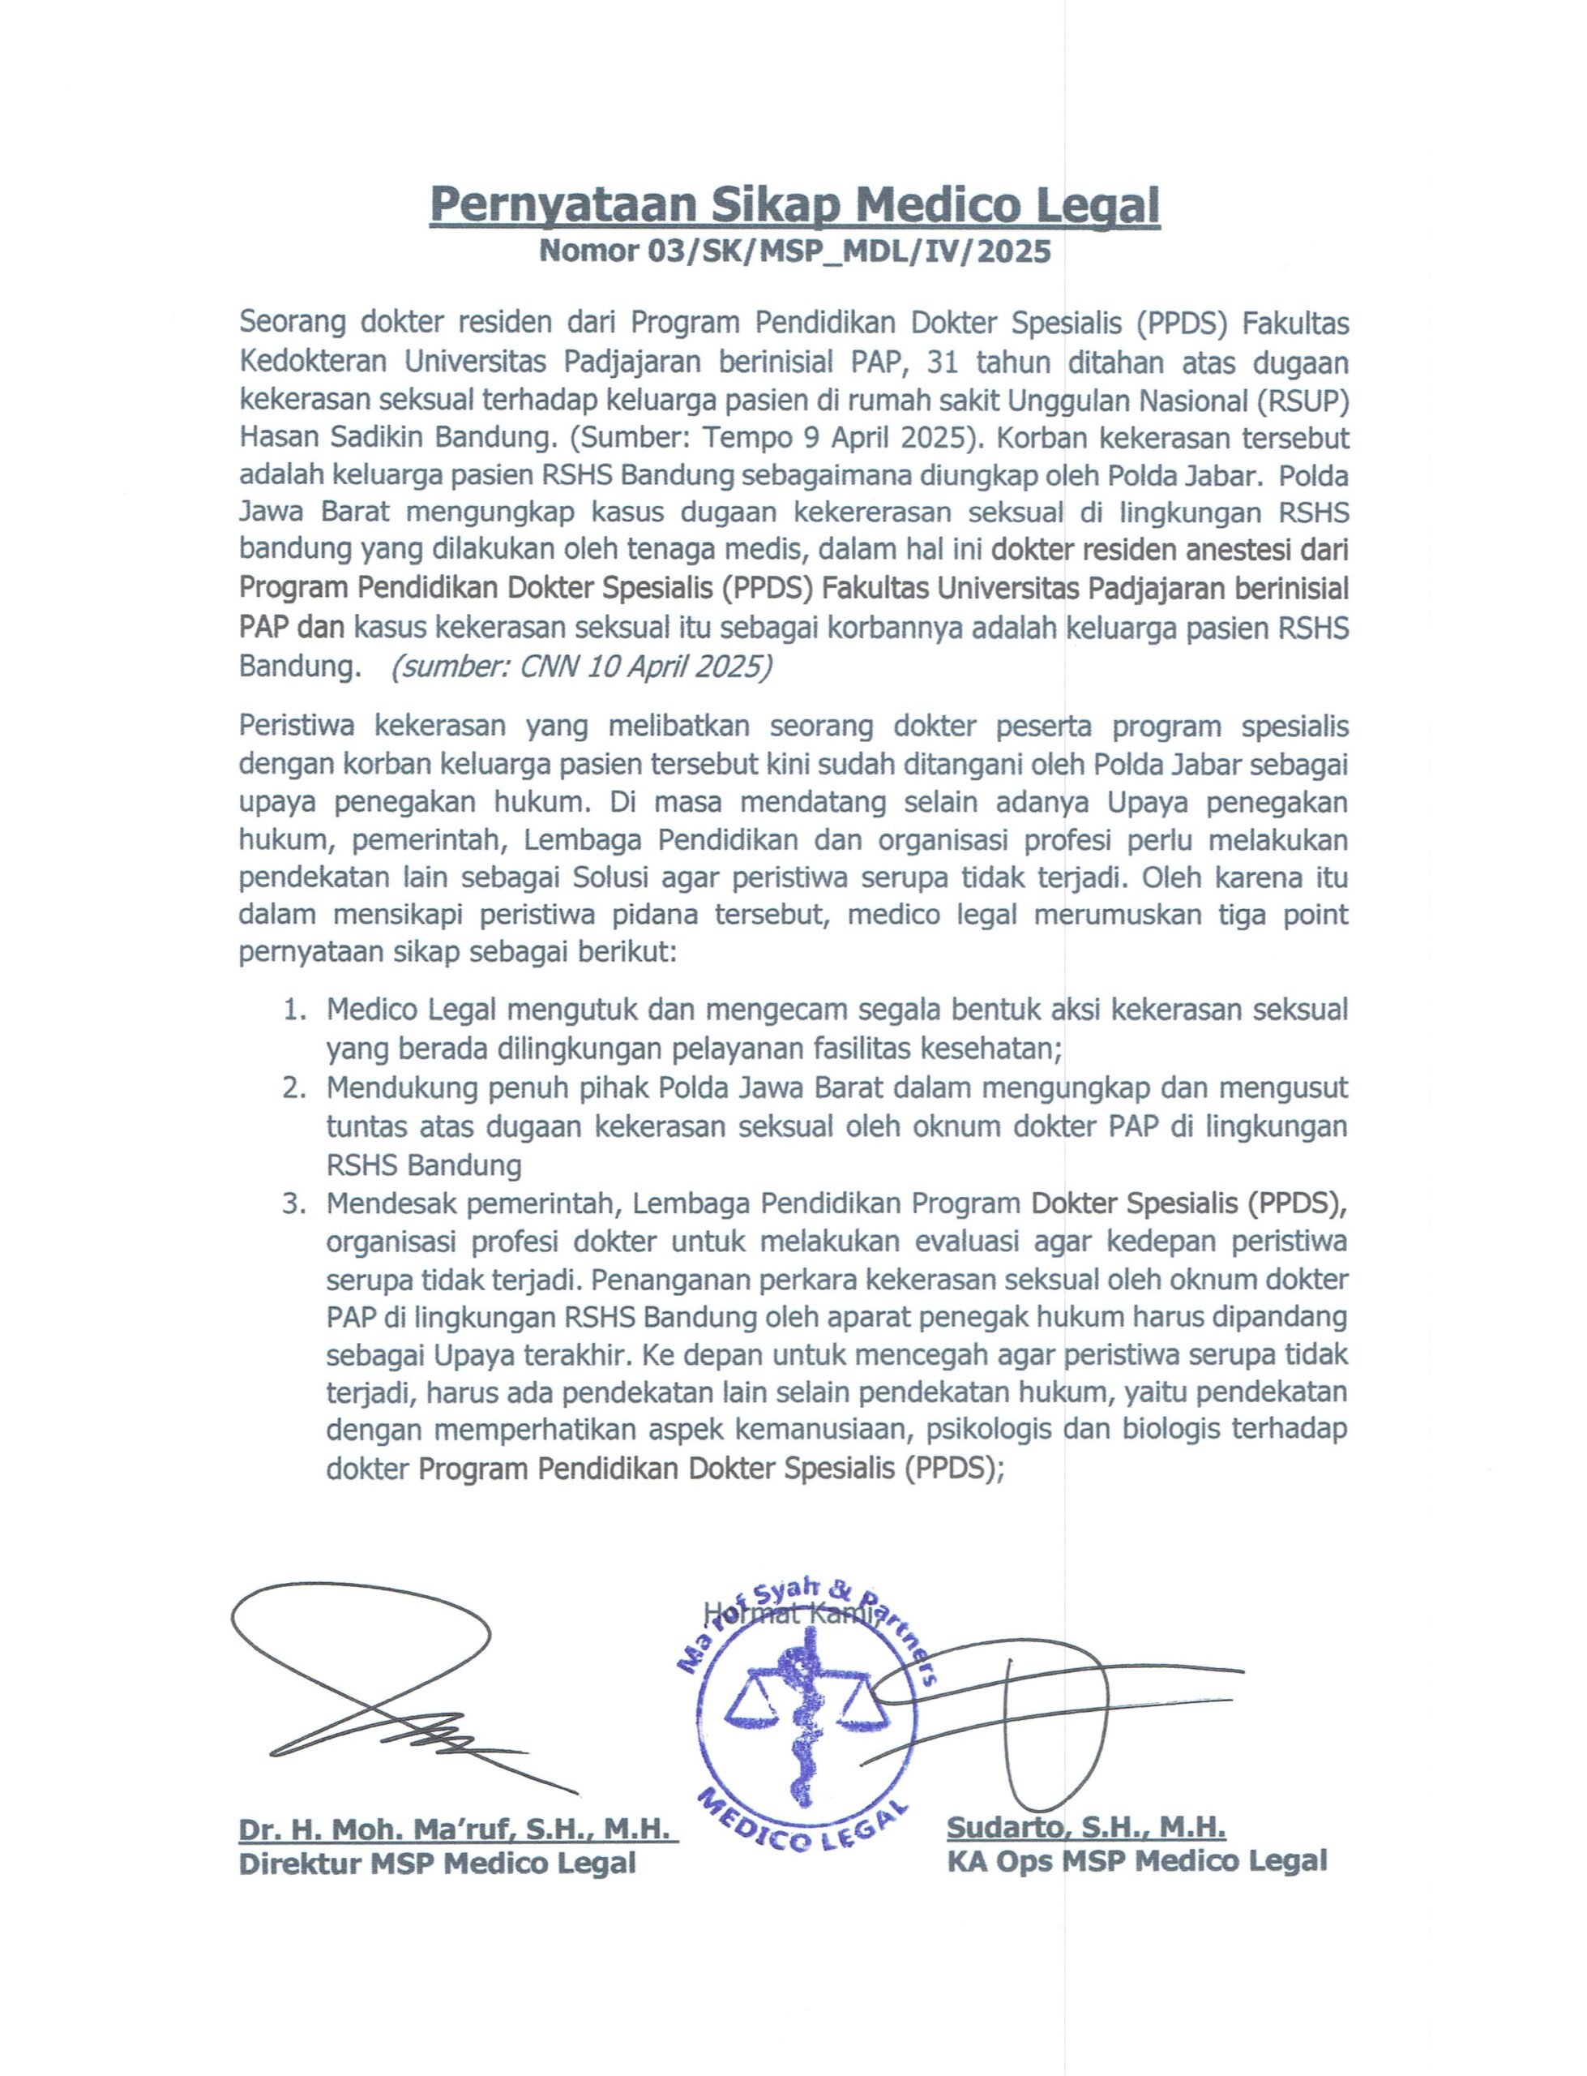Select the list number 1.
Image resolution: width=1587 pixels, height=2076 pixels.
(295, 1010)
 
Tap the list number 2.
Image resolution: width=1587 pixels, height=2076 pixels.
(295, 1087)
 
